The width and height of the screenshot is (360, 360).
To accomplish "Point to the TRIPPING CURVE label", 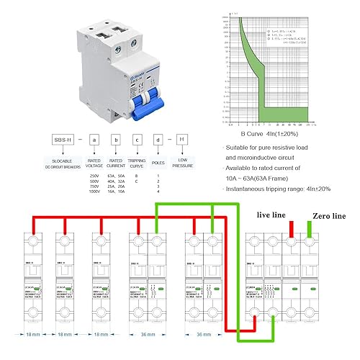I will click(136, 162).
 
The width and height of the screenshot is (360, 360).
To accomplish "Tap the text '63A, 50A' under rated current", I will click(116, 175).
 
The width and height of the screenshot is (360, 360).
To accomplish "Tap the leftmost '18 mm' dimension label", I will click(25, 335).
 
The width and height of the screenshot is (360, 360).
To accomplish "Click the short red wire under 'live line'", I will click(291, 229).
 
